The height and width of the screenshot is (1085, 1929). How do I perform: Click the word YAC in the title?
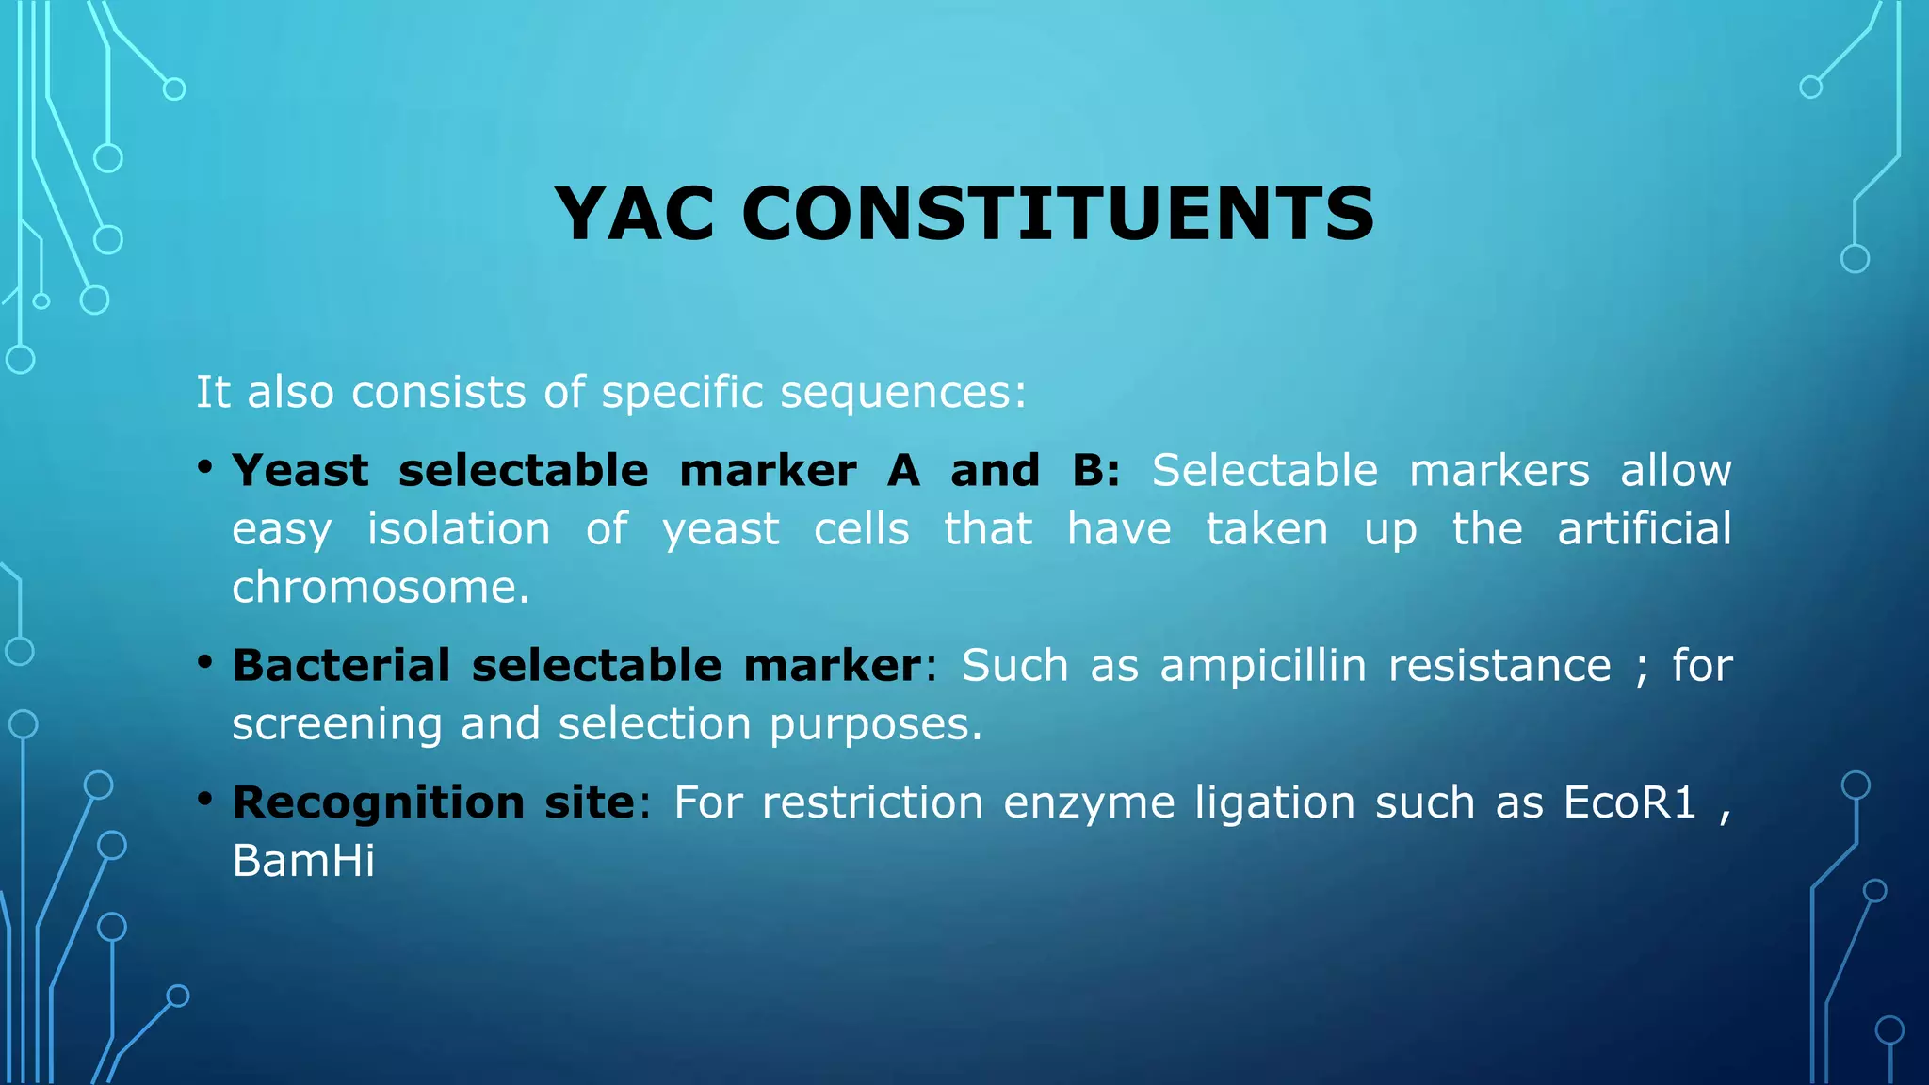[x=634, y=214]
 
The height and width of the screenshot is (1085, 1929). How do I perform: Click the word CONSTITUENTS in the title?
[x=1058, y=214]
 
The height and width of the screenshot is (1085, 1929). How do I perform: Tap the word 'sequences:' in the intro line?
[x=903, y=392]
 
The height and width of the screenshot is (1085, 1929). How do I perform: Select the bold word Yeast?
[x=300, y=470]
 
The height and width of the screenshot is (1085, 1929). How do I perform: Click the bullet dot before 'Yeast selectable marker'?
[x=204, y=466]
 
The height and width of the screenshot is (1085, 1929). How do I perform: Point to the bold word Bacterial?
[x=341, y=665]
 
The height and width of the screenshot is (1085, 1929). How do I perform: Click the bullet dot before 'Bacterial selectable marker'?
[x=204, y=661]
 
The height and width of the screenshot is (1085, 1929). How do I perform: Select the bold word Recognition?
[x=378, y=802]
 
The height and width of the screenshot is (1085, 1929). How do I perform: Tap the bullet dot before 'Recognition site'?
[x=204, y=799]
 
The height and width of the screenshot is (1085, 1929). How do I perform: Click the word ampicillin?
[x=1262, y=666]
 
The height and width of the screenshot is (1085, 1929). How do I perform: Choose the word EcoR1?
[x=1629, y=802]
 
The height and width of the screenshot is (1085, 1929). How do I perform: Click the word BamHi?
[x=303, y=861]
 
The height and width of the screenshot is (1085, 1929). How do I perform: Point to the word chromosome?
[x=381, y=588]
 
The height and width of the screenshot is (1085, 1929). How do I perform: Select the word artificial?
[x=1644, y=528]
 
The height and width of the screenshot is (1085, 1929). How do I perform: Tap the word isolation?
[x=459, y=528]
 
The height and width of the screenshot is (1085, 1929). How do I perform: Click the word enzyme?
[x=1089, y=803]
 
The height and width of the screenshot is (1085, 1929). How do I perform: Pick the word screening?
[x=336, y=724]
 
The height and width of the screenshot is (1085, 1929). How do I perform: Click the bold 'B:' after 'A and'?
[x=1095, y=470]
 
